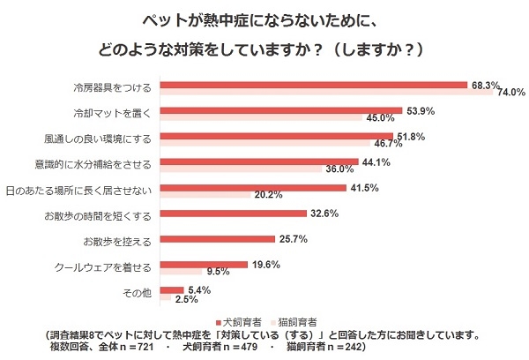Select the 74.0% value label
pyautogui.click(x=510, y=92)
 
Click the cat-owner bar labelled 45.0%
pyautogui.click(x=261, y=117)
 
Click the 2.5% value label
pyautogui.click(x=186, y=299)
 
